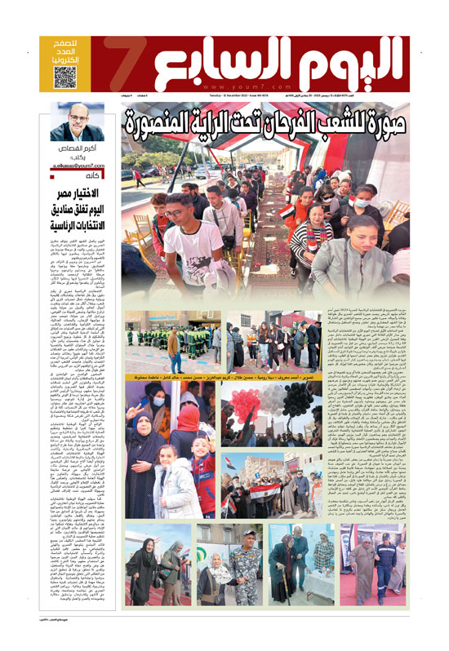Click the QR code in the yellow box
[x=65, y=77]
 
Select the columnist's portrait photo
[x=77, y=122]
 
